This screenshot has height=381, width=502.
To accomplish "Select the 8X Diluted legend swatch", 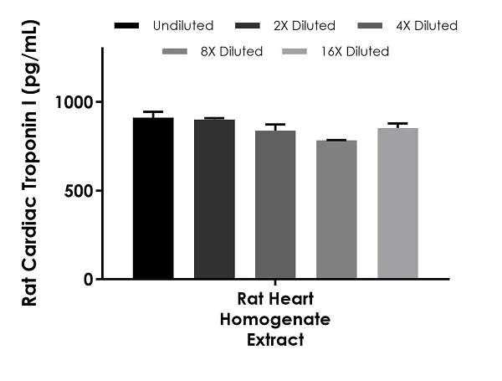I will point(178,52).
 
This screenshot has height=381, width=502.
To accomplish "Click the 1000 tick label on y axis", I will point(77,102).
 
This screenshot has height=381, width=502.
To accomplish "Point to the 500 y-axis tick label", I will point(82,190).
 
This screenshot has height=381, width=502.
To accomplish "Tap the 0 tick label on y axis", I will point(90,279).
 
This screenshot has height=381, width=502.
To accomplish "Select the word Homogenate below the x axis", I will point(275,320).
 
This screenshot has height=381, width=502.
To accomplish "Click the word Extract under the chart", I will point(275,340).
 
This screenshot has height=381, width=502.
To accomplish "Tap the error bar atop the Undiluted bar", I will point(153,113).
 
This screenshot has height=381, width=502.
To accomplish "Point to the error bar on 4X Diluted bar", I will point(275,126).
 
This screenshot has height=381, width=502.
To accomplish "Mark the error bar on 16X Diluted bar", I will point(397,124).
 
